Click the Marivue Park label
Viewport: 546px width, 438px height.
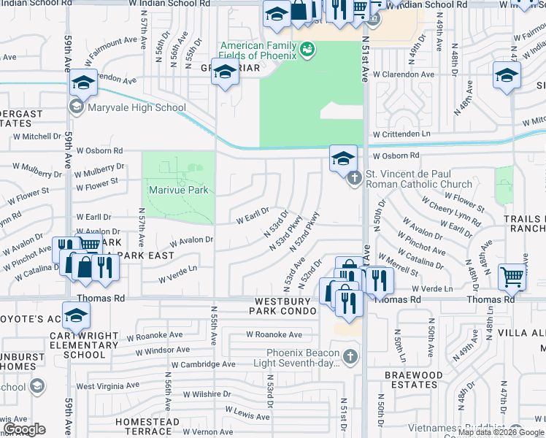point(179,191)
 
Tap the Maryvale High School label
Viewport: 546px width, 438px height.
point(136,108)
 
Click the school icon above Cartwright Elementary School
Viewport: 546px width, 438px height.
point(75,316)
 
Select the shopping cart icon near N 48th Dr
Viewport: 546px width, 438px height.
point(512,277)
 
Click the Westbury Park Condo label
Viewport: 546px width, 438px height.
point(285,306)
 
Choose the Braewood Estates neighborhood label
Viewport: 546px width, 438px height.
point(414,380)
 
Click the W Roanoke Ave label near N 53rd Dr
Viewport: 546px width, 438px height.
point(274,334)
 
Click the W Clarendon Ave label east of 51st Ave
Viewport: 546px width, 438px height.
point(404,74)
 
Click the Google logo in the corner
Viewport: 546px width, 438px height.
point(24,429)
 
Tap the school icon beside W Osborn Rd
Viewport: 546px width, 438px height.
point(342,157)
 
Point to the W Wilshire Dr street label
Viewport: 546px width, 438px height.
point(203,394)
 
